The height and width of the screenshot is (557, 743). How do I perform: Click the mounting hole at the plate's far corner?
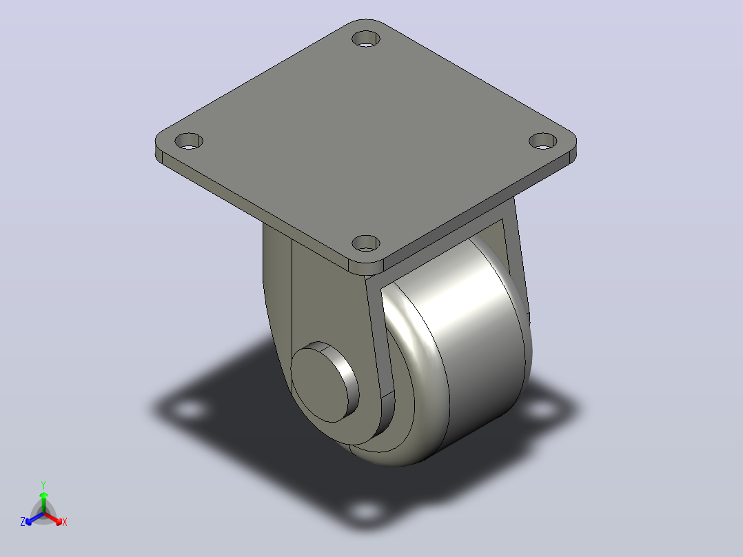(x=366, y=39)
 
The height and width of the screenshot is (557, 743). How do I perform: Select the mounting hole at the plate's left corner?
(x=189, y=141)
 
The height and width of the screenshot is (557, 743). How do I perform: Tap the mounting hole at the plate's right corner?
(x=543, y=141)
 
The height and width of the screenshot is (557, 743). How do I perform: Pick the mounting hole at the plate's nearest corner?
(x=366, y=243)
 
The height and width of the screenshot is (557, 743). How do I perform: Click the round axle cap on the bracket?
(x=324, y=382)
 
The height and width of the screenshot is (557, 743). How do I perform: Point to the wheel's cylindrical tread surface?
(x=478, y=351)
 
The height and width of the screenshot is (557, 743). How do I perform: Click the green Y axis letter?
(x=43, y=485)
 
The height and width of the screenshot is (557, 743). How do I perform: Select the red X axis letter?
(x=65, y=522)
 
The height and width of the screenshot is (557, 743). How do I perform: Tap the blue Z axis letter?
(x=23, y=522)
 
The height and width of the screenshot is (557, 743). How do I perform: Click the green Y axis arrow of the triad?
(x=43, y=502)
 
